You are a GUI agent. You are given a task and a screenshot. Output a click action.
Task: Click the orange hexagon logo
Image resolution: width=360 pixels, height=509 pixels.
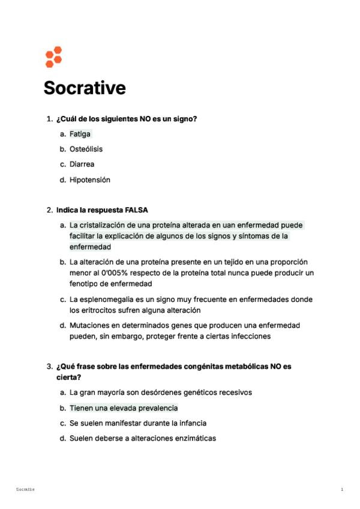pyautogui.click(x=53, y=56)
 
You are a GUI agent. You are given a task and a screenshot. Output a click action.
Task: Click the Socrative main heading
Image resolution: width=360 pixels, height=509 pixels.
pyautogui.click(x=85, y=88)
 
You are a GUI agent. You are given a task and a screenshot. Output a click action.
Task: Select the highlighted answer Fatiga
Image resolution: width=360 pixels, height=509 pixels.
pyautogui.click(x=80, y=134)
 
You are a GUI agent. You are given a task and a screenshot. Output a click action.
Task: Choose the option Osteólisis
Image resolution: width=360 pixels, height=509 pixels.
pyautogui.click(x=86, y=149)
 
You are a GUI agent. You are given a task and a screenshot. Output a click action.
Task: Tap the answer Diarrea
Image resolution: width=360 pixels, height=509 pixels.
pyautogui.click(x=82, y=164)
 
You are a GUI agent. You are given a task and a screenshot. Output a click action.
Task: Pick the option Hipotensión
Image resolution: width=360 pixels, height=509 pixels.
pyautogui.click(x=90, y=179)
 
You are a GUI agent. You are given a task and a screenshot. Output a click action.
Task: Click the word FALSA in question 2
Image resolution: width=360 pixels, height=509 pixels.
pyautogui.click(x=136, y=210)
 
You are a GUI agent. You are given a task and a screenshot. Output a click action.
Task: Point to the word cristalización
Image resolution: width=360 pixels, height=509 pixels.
pyautogui.click(x=102, y=225)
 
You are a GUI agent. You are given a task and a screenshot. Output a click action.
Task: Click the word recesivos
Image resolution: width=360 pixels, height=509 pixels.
pyautogui.click(x=233, y=393)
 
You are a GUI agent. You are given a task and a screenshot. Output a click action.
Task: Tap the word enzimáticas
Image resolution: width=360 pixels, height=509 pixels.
pyautogui.click(x=193, y=438)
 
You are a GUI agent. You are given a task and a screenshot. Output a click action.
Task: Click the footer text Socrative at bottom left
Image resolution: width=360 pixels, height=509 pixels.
pyautogui.click(x=26, y=490)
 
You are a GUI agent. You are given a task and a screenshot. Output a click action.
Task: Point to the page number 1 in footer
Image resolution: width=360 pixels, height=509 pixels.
pyautogui.click(x=342, y=490)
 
